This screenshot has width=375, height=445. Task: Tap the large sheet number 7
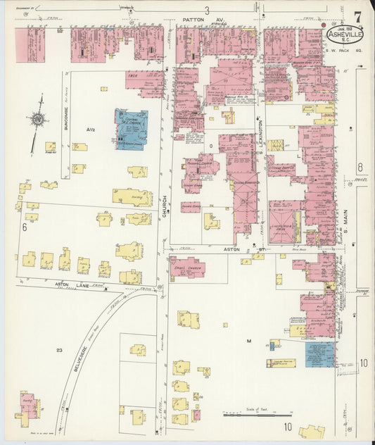(x=358, y=16)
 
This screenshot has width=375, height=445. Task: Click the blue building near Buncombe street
(x=131, y=129)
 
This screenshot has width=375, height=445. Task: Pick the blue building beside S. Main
(x=320, y=354)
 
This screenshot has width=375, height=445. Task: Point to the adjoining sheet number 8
(x=360, y=167)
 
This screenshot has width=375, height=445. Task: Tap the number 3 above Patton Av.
(x=207, y=10)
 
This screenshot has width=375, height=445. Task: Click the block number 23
(x=60, y=349)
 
